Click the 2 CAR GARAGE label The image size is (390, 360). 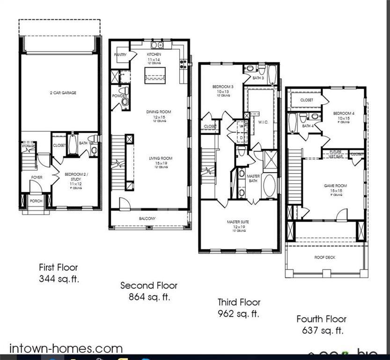click(x=63, y=93)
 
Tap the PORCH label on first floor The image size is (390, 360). click(x=36, y=201)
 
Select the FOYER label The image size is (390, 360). click(x=37, y=177)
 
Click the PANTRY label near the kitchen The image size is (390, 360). click(x=120, y=55)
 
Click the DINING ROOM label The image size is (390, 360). click(x=159, y=112)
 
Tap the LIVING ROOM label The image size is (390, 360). click(x=161, y=158)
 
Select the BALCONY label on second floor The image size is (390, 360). click(x=147, y=218)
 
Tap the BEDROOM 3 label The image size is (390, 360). click(x=222, y=87)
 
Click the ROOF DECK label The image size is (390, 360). click(x=324, y=257)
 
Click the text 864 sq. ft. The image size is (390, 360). click(x=149, y=297)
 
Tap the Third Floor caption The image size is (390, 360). click(x=239, y=302)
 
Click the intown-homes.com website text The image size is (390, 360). click(x=66, y=348)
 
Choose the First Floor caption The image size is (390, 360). click(x=58, y=268)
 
